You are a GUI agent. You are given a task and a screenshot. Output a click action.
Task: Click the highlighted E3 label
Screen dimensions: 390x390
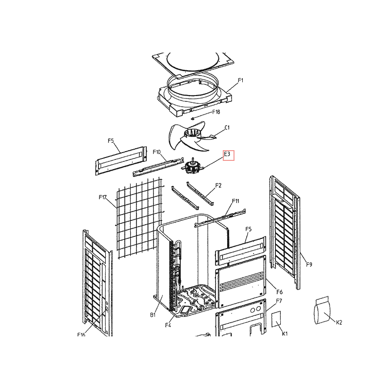pos(227,154)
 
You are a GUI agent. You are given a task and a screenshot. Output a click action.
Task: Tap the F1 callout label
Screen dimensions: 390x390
pos(240,80)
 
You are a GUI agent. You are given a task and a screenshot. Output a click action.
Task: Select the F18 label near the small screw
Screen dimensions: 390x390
pos(216,112)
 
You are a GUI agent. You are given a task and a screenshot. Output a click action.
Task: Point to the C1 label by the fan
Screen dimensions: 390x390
pos(227,128)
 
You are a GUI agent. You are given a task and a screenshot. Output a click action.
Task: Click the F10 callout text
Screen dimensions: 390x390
pos(156,152)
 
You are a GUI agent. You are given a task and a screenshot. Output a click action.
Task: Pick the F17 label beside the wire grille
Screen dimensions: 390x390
pos(103,197)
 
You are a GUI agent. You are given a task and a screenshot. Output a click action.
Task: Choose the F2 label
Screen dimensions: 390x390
pos(218,186)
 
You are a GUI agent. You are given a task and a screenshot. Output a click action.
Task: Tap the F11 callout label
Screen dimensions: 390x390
pos(235,201)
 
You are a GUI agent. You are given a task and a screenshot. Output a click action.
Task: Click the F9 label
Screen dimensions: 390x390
pos(309,265)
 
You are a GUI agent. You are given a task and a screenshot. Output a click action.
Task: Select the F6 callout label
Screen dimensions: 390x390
pos(279,292)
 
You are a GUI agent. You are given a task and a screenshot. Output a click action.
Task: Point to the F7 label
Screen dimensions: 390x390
pos(279,301)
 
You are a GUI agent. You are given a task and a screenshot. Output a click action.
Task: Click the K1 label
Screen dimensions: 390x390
pos(285,333)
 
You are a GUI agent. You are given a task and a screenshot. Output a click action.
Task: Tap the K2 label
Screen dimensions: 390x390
pos(339,323)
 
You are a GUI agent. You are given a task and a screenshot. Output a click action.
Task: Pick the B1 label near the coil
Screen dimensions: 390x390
pos(153,315)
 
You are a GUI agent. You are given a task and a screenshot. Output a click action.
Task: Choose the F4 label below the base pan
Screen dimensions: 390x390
pos(168,325)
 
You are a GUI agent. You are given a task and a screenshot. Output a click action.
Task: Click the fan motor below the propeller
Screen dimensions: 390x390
pos(193,166)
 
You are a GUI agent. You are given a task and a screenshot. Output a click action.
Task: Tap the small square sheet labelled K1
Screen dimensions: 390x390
pos(276,319)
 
